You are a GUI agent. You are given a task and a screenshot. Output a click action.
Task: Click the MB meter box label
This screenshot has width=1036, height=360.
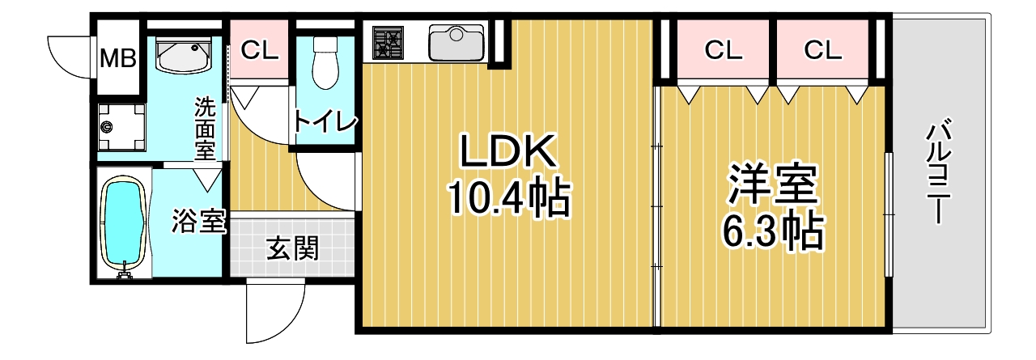118,59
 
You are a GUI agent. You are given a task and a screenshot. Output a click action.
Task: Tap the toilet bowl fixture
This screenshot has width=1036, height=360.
325,63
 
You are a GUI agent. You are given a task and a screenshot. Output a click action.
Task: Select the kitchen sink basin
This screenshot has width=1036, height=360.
456,43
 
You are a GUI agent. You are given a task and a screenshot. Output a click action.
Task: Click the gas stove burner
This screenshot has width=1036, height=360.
388,43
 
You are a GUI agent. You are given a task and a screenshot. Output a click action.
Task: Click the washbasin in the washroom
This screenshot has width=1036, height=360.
184,54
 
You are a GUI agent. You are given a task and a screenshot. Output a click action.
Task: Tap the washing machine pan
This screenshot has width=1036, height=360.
121,127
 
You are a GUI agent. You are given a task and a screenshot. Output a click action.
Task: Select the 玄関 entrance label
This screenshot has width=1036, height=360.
292,248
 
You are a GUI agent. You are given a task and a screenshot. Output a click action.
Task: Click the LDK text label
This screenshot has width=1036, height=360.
507,150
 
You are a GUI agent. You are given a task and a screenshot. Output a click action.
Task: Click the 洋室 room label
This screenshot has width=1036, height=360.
773,184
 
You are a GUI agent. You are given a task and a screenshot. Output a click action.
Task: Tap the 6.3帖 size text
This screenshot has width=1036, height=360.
773,231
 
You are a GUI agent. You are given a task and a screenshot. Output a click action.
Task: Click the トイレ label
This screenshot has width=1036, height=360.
325,121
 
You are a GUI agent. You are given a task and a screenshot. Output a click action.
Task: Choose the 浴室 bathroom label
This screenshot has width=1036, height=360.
199,221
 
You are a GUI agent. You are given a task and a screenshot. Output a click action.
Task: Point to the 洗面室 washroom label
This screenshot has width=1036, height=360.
205,129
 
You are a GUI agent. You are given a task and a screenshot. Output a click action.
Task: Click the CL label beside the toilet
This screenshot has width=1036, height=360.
259,50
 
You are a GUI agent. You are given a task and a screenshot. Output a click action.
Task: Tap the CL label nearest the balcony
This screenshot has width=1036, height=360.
823,50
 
